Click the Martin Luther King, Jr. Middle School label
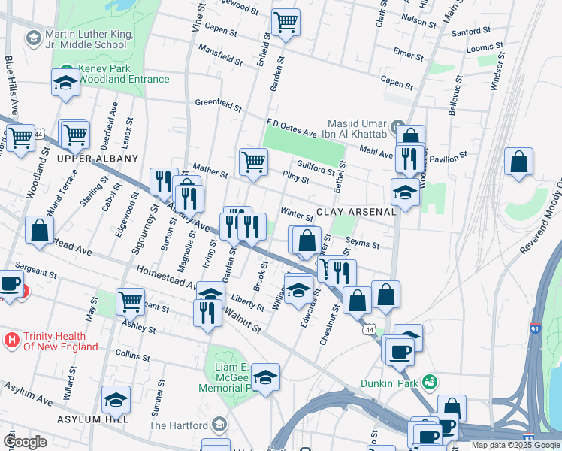point(85,39)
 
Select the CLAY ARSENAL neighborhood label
point(356,213)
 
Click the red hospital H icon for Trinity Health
point(11,341)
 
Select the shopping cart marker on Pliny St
point(254,162)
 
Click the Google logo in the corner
point(25,441)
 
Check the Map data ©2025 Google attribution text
point(515,445)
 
